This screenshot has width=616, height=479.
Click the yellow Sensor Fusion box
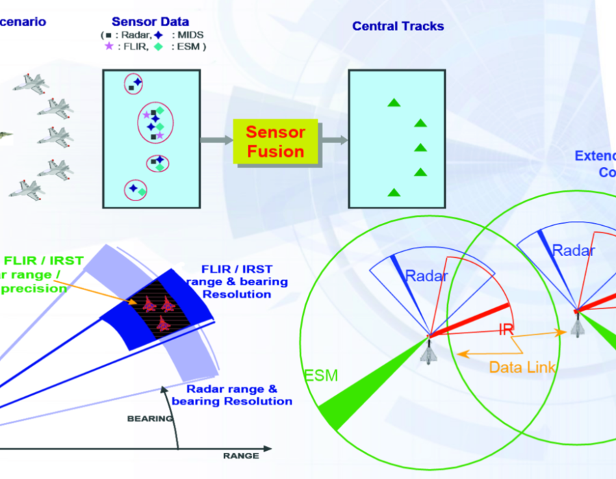coord(276,142)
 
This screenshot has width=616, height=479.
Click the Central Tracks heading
coord(398,27)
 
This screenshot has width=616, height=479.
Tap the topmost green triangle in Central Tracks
coord(393,103)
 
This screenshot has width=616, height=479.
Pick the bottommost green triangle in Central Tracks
coord(393,193)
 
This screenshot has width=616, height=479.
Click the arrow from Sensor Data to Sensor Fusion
coord(216,140)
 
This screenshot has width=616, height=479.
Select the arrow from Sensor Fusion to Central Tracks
coord(335,140)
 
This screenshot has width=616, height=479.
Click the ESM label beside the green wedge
coord(320,375)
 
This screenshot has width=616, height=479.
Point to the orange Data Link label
coord(522,367)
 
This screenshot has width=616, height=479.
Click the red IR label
coord(506,330)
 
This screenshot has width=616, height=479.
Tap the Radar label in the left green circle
coord(426,276)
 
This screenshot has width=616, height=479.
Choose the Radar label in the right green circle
coord(573,250)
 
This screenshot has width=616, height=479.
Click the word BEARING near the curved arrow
coord(150,419)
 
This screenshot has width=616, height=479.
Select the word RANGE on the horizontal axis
coord(241,456)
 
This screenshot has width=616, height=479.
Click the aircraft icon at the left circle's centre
coord(429,351)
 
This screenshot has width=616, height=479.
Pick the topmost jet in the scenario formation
coord(31,83)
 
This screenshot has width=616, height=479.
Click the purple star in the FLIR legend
coord(108,47)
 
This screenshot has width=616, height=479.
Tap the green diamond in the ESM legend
coord(158,47)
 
